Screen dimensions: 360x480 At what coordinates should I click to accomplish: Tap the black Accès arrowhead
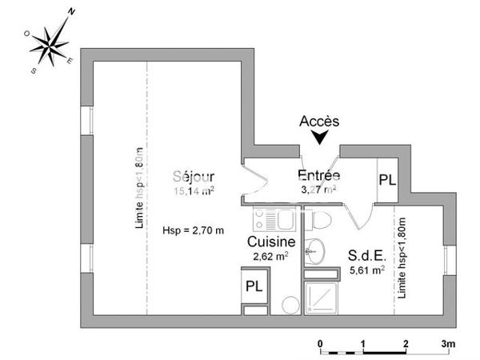[320, 138]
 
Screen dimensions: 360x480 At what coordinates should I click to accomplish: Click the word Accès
[319, 122]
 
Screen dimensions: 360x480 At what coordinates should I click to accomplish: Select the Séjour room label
[194, 176]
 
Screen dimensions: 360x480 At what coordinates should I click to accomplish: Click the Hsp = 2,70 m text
[193, 230]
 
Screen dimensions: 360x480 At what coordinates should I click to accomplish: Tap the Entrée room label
[319, 175]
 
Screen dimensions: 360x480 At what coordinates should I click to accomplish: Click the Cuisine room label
[271, 241]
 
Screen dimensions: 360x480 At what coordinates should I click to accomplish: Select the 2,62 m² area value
[270, 256]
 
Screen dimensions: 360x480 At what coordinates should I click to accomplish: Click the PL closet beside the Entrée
[387, 180]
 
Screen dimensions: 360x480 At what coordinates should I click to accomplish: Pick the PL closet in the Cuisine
[255, 286]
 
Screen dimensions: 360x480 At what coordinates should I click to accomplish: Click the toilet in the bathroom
[322, 218]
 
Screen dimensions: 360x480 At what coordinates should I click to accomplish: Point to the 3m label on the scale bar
[448, 344]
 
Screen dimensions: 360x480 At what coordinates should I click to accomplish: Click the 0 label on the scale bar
[320, 344]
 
